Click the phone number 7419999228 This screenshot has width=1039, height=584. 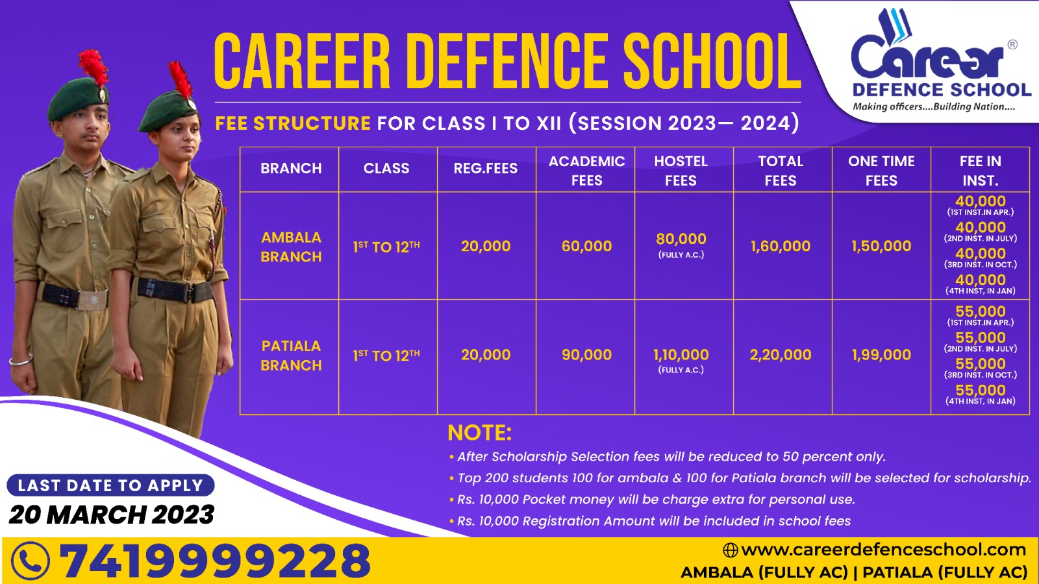pyautogui.click(x=215, y=561)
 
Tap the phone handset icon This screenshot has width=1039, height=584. pyautogui.click(x=30, y=561)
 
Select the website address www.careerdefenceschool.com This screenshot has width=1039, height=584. pyautogui.click(x=883, y=550)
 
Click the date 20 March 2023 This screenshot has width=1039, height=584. pyautogui.click(x=111, y=515)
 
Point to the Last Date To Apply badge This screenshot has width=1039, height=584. pyautogui.click(x=110, y=485)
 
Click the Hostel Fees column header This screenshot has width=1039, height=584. pyautogui.click(x=681, y=171)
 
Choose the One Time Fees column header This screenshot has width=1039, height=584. pyautogui.click(x=881, y=171)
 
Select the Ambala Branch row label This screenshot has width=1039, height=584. pyautogui.click(x=291, y=247)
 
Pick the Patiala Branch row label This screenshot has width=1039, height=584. pyautogui.click(x=291, y=356)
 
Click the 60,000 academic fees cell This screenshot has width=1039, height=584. pyautogui.click(x=586, y=246)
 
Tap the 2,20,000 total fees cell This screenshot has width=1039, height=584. pyautogui.click(x=780, y=355)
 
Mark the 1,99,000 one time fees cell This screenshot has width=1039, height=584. pyautogui.click(x=881, y=355)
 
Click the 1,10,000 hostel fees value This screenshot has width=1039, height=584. pyautogui.click(x=681, y=355)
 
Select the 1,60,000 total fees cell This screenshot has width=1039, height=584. pyautogui.click(x=780, y=246)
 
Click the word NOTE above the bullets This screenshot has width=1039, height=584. pyautogui.click(x=480, y=433)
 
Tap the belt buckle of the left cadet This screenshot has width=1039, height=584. pyautogui.click(x=92, y=300)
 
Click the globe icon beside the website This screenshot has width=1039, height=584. pyautogui.click(x=730, y=550)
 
